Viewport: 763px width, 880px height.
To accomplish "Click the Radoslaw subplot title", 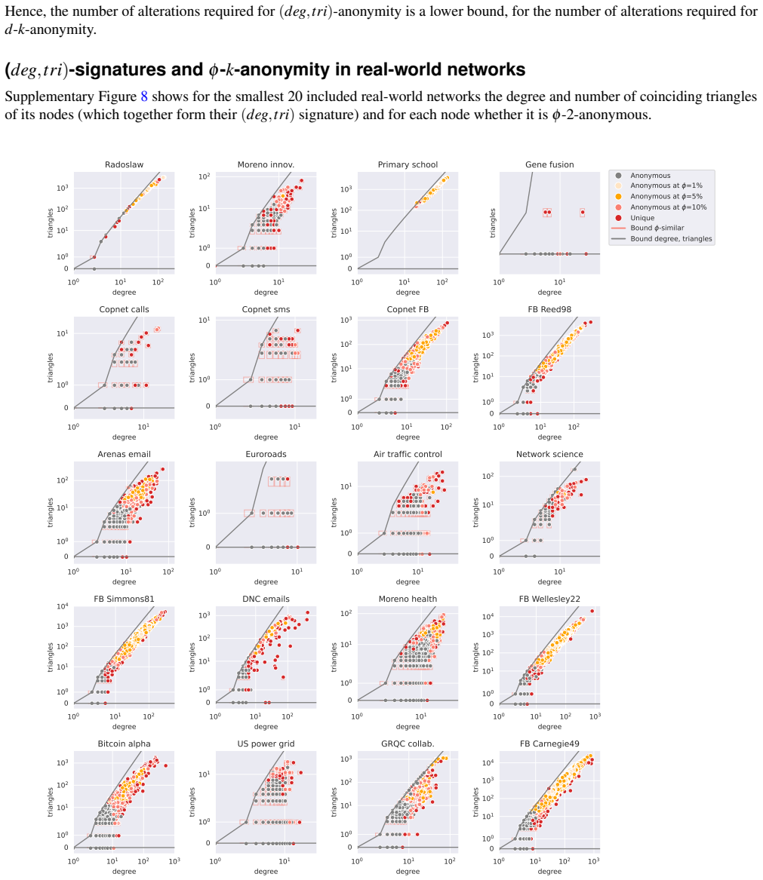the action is (x=124, y=164).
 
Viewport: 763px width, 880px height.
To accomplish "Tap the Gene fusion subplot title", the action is (x=549, y=164).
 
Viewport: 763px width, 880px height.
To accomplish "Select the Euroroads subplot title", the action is (x=266, y=454).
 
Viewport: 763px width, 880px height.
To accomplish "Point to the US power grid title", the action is (x=266, y=744).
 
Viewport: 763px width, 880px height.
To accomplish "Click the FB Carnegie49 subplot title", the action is (x=549, y=744).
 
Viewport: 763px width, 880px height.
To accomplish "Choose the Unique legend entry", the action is (x=642, y=218).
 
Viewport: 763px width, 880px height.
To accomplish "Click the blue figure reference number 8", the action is (x=144, y=97).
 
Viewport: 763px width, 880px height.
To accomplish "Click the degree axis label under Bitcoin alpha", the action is (x=124, y=872).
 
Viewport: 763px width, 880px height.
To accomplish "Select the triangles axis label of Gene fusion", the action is (x=493, y=222).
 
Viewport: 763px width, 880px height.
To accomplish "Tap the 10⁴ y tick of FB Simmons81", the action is (x=63, y=607).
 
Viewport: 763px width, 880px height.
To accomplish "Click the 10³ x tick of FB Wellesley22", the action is (x=595, y=716).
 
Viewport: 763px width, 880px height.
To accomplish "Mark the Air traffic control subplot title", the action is (x=408, y=454).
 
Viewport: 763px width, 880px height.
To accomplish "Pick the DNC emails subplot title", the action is (x=266, y=599).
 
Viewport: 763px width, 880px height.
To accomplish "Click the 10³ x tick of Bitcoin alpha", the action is (x=174, y=861).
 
